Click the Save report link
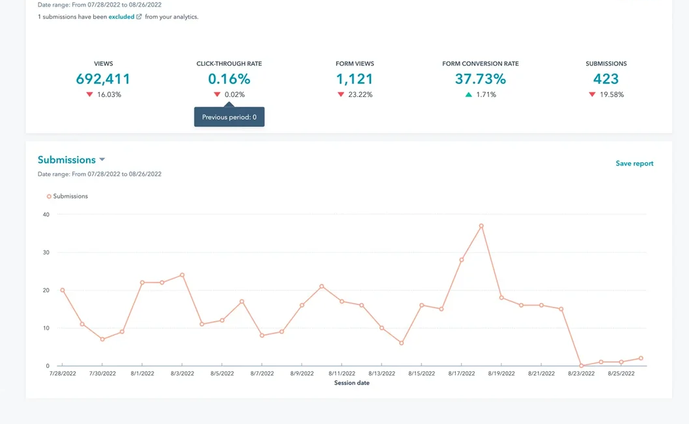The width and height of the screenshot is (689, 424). pos(634,163)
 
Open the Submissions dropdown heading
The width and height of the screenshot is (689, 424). pos(71,160)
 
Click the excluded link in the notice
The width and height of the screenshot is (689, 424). pos(122,17)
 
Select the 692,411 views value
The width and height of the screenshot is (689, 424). pos(103,79)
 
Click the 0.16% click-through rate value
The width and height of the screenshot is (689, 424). pos(229,79)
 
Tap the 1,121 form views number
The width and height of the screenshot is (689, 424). pos(354,79)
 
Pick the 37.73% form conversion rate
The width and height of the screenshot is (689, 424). pos(480,79)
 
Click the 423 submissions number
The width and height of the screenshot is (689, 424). pos(606,79)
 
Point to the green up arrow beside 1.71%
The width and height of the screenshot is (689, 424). pos(468,94)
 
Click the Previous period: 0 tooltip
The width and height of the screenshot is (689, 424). pos(229,117)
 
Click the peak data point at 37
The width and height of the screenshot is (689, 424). pos(481,226)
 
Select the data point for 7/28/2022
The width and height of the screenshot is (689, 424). pos(63,290)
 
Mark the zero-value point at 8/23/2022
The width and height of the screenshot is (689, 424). pos(581,366)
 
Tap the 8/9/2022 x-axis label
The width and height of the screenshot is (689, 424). pos(302,374)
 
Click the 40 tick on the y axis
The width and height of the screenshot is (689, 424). pos(46,214)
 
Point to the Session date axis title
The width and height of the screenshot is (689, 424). pos(352,383)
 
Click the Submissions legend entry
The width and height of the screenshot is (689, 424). pos(67,196)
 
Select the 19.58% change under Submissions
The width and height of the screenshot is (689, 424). pos(612,94)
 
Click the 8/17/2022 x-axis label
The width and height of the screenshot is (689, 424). pos(461,374)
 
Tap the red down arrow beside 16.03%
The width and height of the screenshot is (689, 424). pos(90,94)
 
